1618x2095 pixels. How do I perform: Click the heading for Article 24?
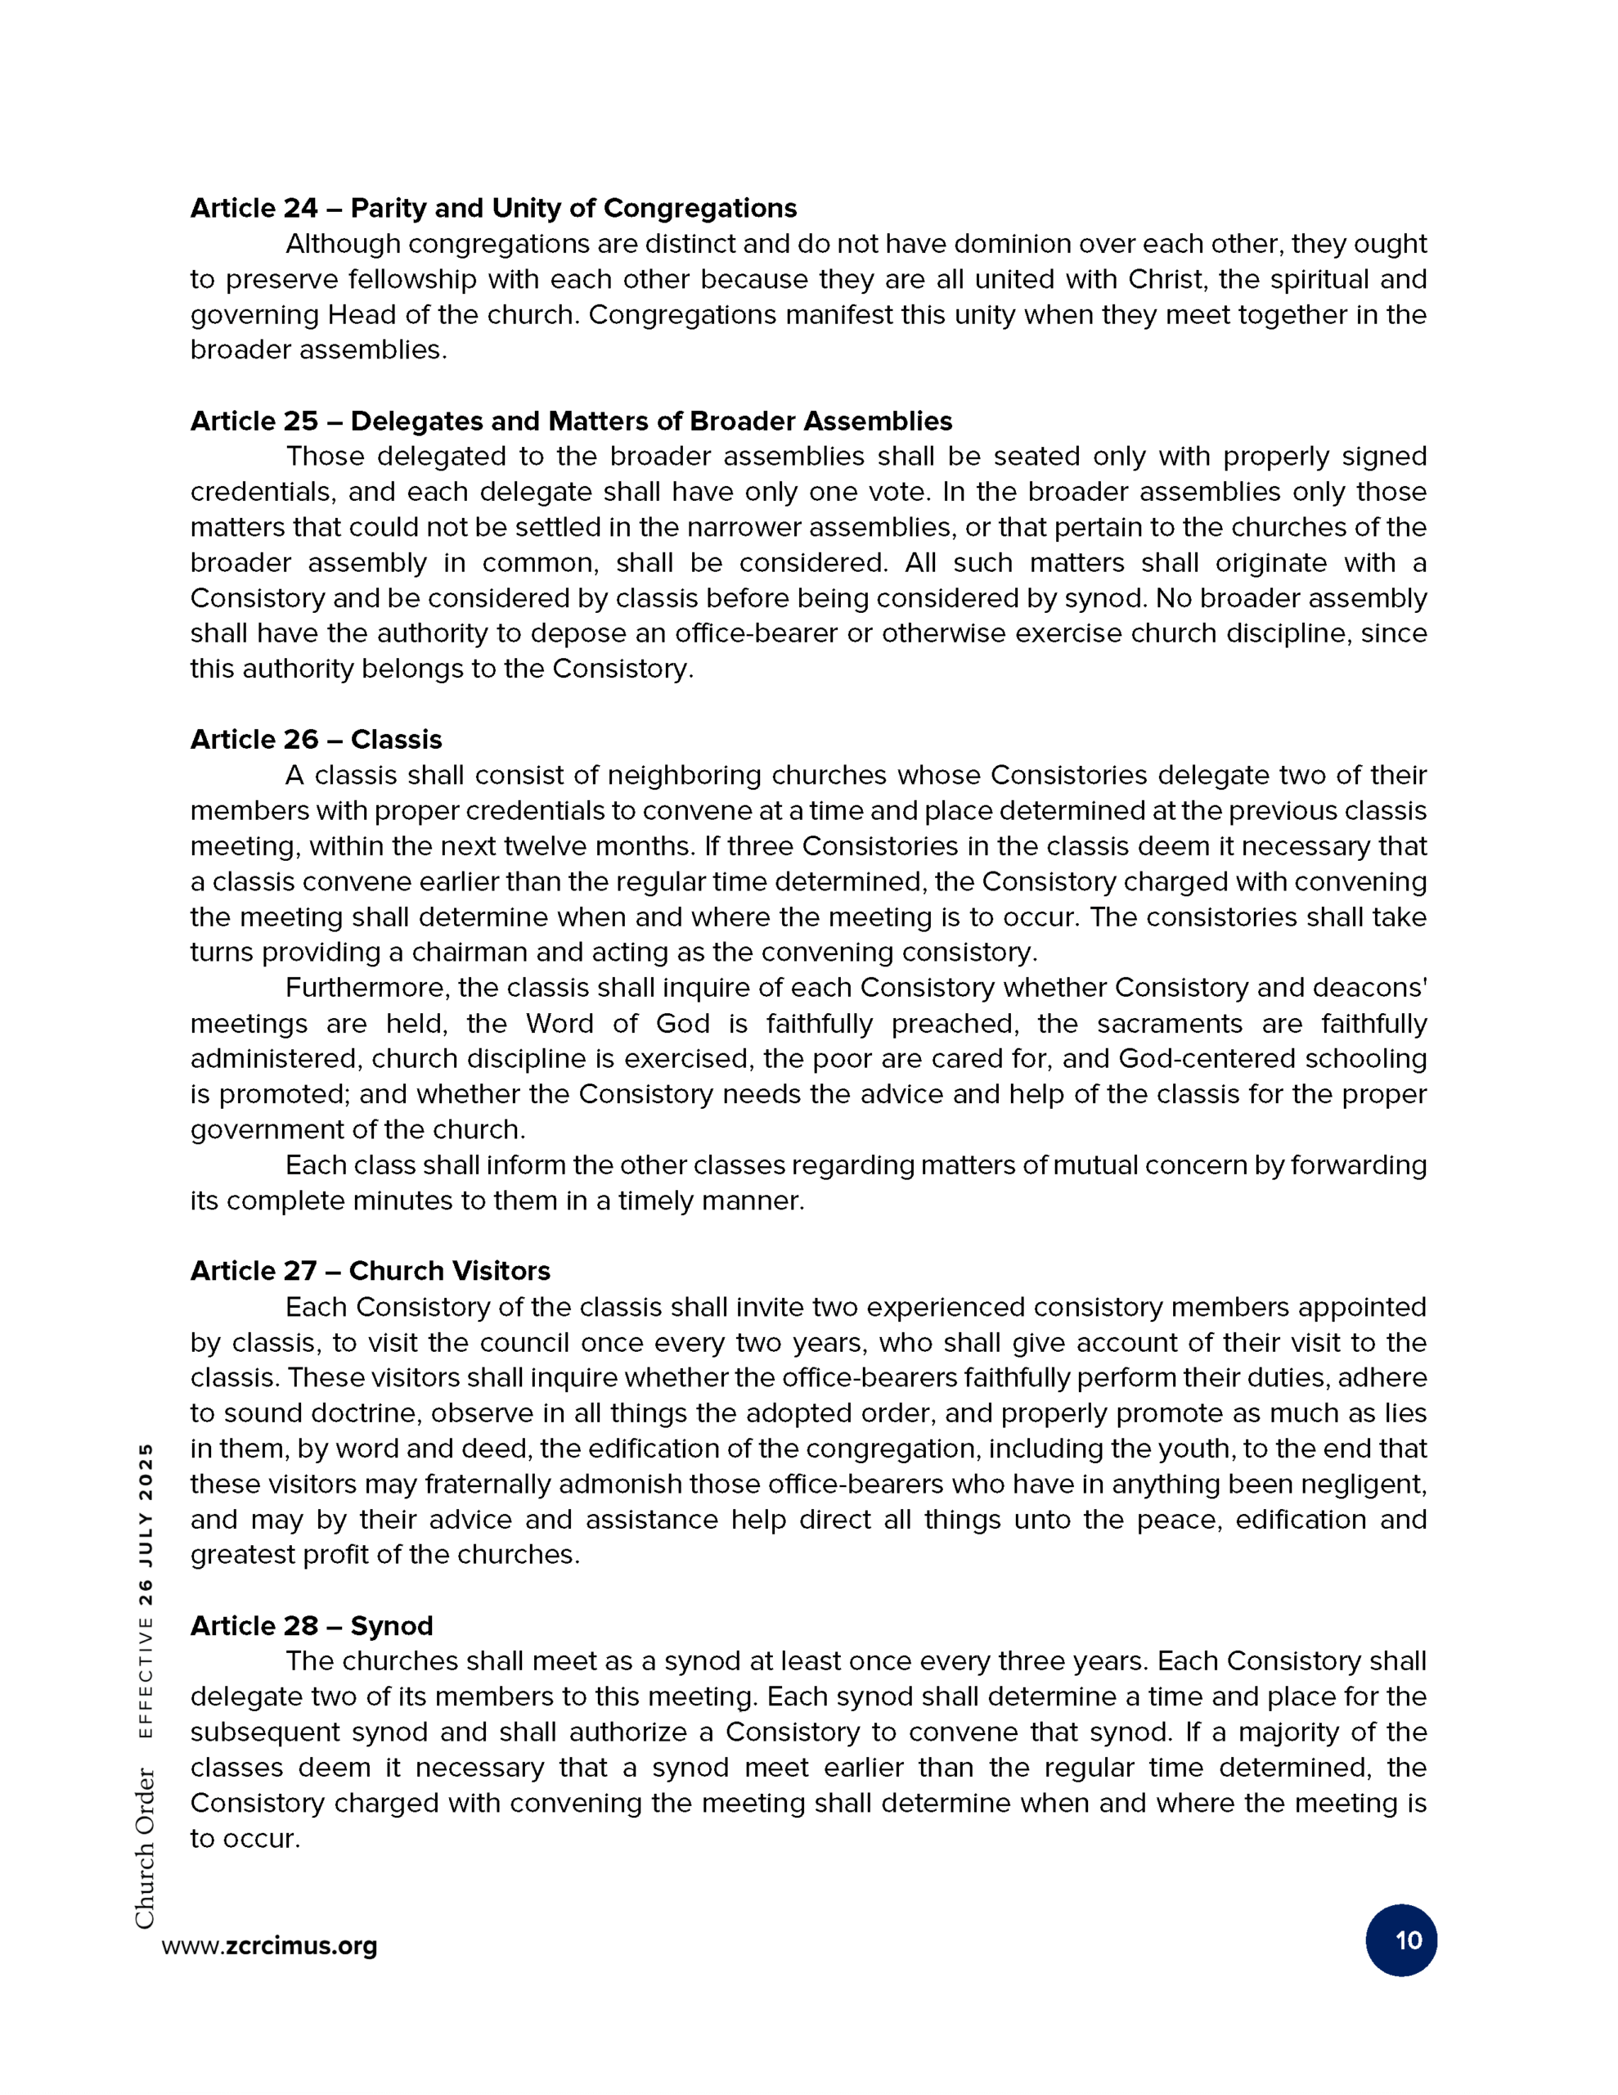pos(493,208)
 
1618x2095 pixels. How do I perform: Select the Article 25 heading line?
pos(571,421)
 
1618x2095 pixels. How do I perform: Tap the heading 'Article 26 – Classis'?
pos(316,740)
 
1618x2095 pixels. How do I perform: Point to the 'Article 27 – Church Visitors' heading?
pos(371,1271)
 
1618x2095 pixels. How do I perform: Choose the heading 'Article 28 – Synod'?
pos(312,1626)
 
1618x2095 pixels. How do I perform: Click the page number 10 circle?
pos(1400,1940)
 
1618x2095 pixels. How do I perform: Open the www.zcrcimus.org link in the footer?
pos(269,1946)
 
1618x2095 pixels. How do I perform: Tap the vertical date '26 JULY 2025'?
pos(145,1525)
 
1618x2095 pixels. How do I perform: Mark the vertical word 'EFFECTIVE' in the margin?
pos(145,1678)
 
